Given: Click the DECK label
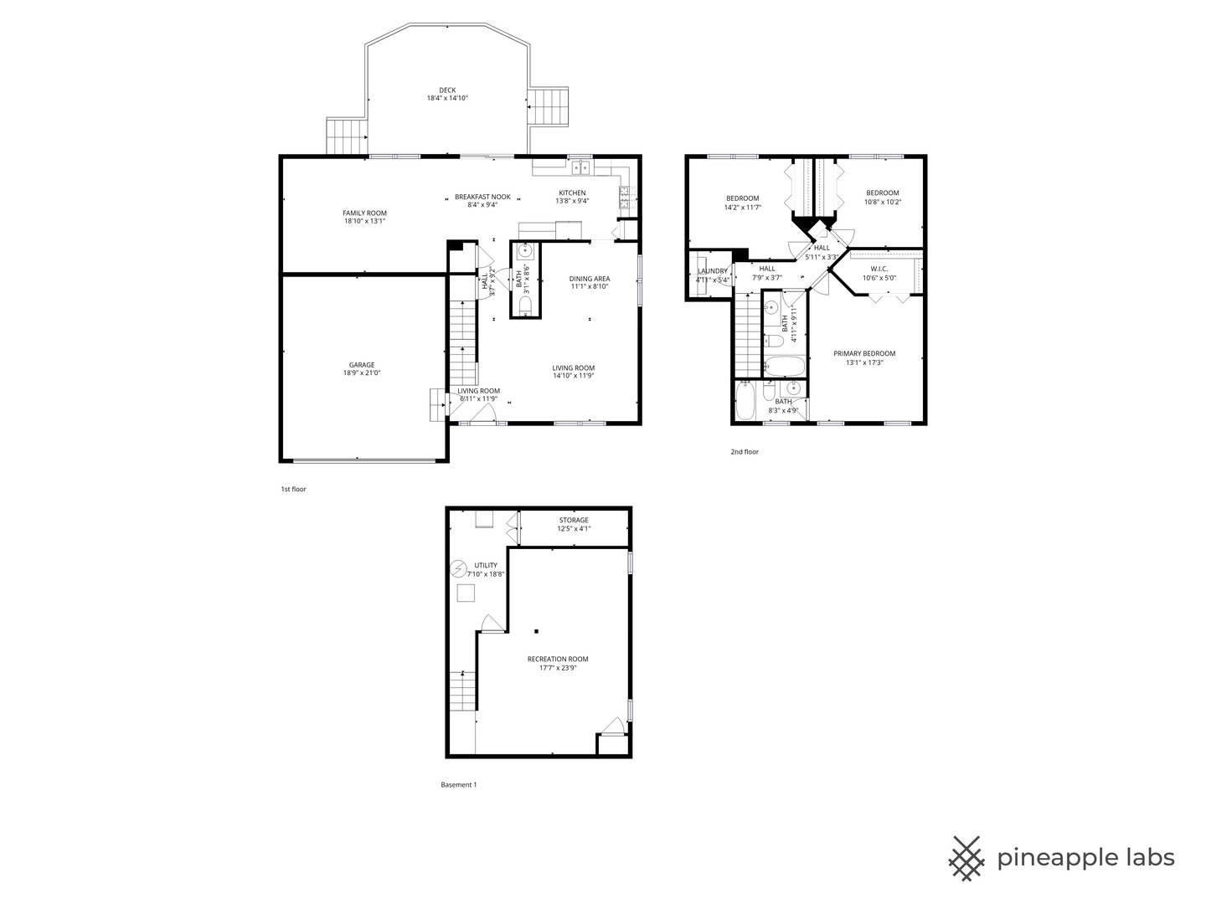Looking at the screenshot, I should (x=447, y=90).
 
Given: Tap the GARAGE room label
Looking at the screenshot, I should (x=362, y=365).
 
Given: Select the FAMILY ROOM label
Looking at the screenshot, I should (x=364, y=213).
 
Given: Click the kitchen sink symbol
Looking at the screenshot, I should (x=580, y=169).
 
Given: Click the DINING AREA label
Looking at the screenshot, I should (x=589, y=279).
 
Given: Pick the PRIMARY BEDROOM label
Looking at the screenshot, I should (x=864, y=353).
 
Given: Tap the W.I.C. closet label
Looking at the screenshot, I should (x=879, y=269).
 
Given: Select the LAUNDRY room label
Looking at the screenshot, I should (x=712, y=271).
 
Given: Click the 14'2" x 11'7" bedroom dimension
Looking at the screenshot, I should (x=742, y=207).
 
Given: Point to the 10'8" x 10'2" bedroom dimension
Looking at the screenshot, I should (x=882, y=202).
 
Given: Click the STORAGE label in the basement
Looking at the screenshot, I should (x=574, y=520).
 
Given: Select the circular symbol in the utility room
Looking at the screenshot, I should (x=458, y=569).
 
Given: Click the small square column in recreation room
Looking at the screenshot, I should (x=536, y=631).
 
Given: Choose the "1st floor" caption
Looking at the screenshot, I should (x=293, y=489).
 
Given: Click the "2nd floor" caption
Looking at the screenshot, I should (x=744, y=452).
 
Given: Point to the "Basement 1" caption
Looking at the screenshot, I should (x=458, y=784).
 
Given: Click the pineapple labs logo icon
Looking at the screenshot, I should (x=966, y=858).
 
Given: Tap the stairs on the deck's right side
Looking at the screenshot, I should (x=549, y=107).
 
